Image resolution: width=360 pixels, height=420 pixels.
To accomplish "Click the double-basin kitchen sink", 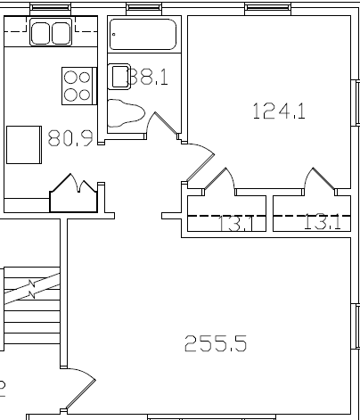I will click(x=50, y=34).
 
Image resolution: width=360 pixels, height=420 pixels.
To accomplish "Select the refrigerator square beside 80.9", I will click(x=25, y=144).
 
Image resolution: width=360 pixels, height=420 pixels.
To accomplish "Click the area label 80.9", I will click(x=70, y=138).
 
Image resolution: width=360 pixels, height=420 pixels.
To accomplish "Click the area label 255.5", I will click(x=215, y=343).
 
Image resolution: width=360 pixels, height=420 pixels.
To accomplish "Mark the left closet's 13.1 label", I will click(x=236, y=224).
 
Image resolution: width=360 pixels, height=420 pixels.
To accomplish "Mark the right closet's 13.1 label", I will click(x=322, y=223).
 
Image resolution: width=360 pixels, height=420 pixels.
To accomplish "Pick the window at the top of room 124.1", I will click(x=268, y=9).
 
